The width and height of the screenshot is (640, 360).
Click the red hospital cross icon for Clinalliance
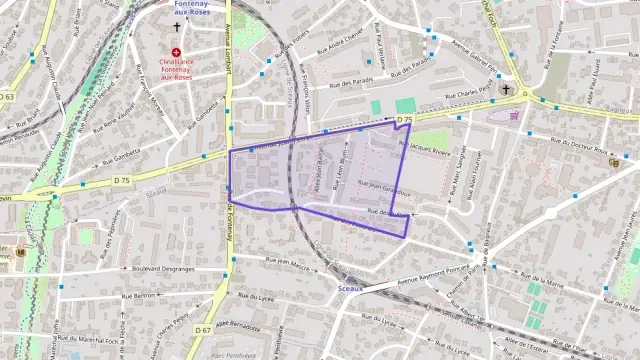tap(177, 52)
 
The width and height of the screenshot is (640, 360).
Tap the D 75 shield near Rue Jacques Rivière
tap(404, 121)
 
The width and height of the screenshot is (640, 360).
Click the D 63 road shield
tap(7, 97)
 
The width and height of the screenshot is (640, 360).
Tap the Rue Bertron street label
tap(141, 297)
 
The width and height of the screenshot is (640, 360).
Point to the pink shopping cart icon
tap(515, 115)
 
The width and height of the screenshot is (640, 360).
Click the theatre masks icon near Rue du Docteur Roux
tap(613, 161)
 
